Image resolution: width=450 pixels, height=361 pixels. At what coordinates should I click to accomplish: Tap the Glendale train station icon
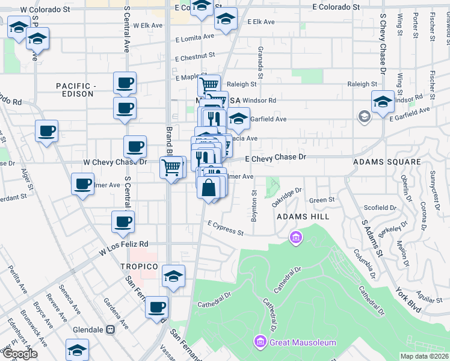point(110,330)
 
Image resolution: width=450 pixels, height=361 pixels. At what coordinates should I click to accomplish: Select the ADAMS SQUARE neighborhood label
point(387,162)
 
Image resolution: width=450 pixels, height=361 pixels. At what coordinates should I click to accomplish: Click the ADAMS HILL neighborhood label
point(300,216)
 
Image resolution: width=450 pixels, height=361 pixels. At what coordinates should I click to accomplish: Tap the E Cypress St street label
point(226,228)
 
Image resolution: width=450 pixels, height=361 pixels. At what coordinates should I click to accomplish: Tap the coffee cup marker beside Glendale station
point(158,307)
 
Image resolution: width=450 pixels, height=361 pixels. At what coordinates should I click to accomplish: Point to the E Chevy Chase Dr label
point(276,157)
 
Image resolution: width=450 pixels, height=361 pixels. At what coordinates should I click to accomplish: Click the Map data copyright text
point(424,356)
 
